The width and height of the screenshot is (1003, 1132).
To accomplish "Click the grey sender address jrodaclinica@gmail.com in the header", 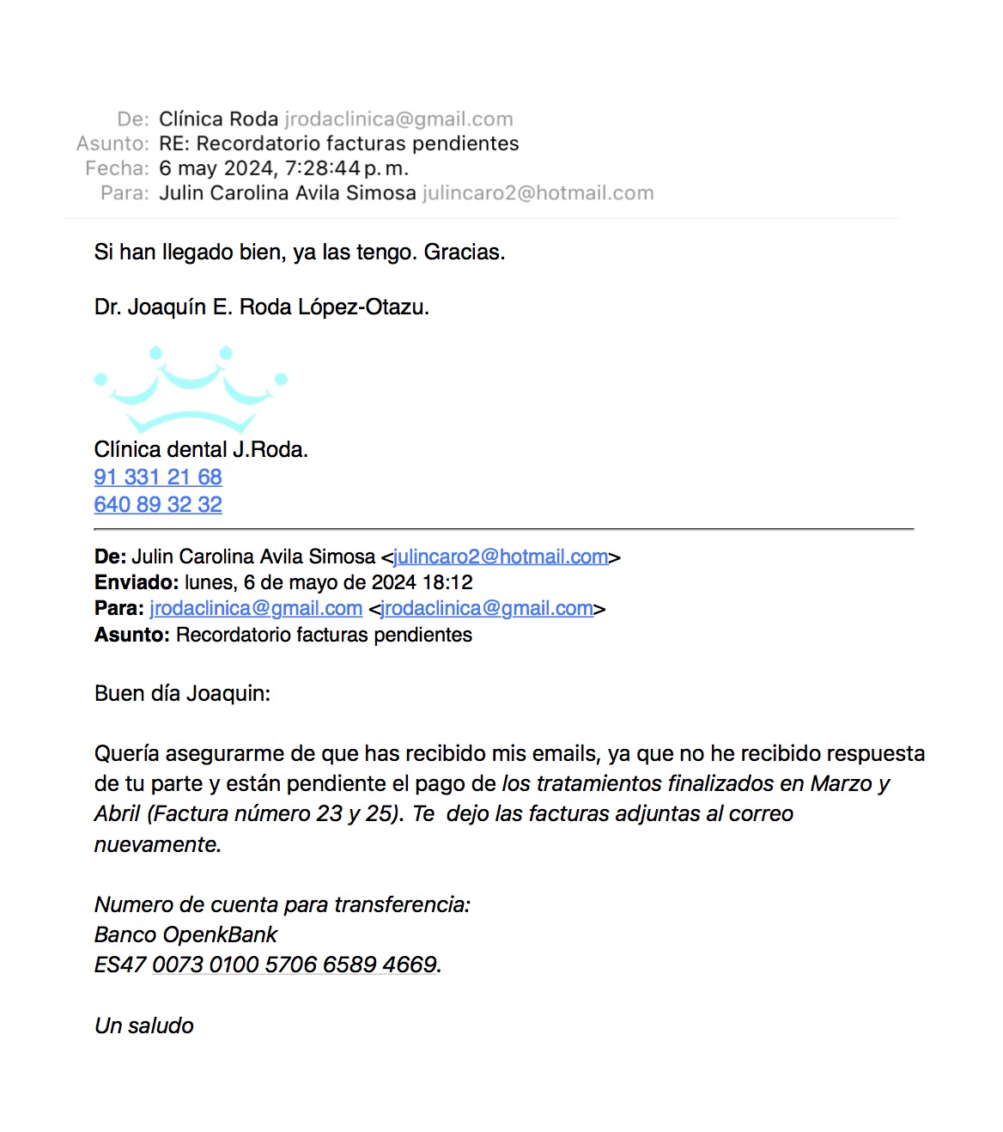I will pyautogui.click(x=398, y=119).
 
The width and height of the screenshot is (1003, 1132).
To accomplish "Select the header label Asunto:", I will pyautogui.click(x=112, y=143).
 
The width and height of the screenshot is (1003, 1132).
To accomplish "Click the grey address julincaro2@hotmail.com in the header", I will pyautogui.click(x=538, y=193).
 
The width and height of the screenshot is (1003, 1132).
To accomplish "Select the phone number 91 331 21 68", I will pyautogui.click(x=158, y=477).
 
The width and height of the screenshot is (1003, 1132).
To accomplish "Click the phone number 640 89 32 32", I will pyautogui.click(x=158, y=504).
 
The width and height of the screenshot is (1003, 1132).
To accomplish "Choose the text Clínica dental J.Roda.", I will pyautogui.click(x=201, y=449).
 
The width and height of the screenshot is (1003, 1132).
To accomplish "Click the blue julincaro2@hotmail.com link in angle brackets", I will pyautogui.click(x=501, y=557).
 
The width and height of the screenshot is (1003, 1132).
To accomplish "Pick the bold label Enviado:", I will pyautogui.click(x=137, y=582).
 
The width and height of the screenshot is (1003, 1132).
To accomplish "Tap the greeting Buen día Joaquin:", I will pyautogui.click(x=182, y=693).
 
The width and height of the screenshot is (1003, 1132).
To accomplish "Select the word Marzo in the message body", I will pyautogui.click(x=842, y=783).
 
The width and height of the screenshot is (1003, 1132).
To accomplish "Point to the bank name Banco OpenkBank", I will pyautogui.click(x=185, y=934).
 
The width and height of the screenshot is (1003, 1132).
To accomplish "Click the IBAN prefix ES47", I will pyautogui.click(x=120, y=965).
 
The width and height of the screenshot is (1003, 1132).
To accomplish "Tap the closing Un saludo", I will pyautogui.click(x=144, y=1025).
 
